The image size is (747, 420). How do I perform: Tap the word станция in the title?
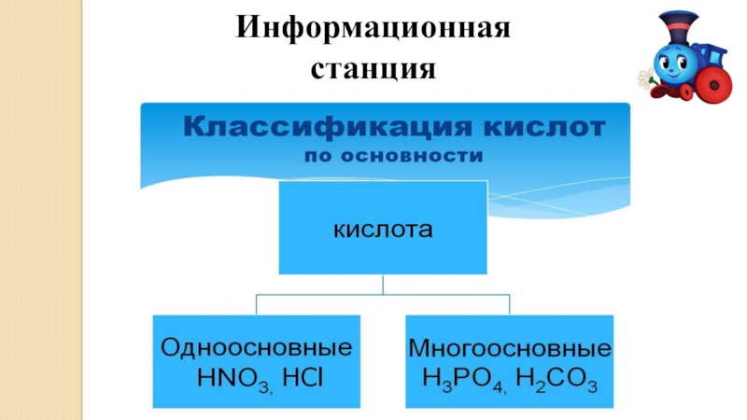(373, 68)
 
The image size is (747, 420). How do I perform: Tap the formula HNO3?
(220, 379)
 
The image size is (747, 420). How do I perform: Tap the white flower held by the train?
(644, 78)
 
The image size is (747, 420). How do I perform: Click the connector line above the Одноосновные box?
(257, 304)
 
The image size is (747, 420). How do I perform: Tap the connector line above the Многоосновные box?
(510, 304)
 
